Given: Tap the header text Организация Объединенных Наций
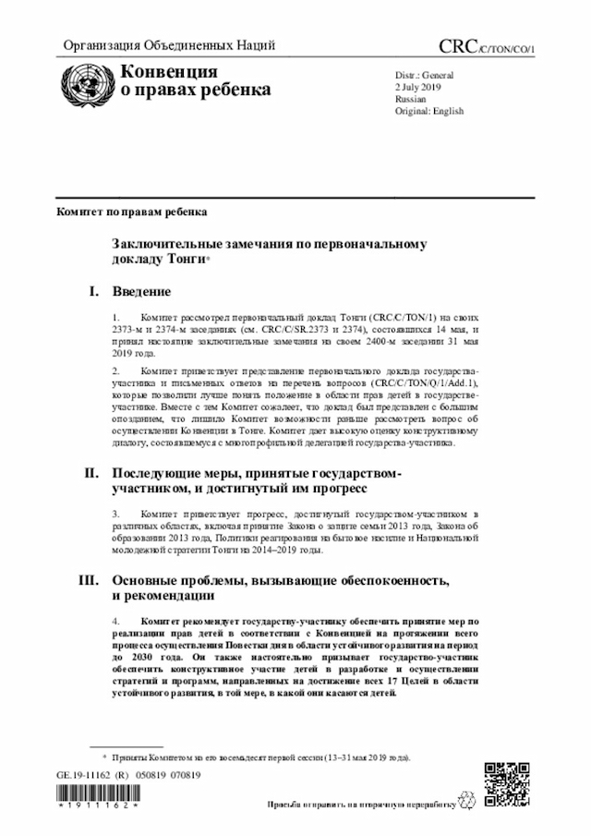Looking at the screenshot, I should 168,46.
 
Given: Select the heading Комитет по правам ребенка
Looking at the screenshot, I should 132,212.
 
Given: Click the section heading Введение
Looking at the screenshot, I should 141,292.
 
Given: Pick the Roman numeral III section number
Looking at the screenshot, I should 89,581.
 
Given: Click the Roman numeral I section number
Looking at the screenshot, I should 94,292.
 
